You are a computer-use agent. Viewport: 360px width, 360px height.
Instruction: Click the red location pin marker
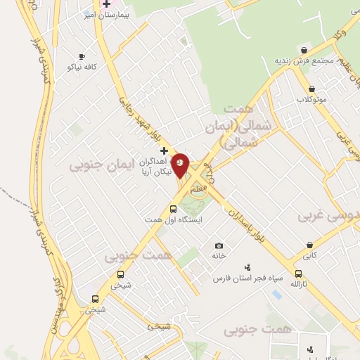click(x=181, y=164)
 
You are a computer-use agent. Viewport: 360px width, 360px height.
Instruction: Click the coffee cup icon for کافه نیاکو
click(x=82, y=56)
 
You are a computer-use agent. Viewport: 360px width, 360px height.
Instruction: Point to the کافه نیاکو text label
click(x=81, y=67)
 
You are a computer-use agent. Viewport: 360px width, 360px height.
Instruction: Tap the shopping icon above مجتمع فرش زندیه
click(x=304, y=50)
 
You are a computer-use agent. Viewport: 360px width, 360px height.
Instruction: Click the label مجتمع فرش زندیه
click(x=303, y=60)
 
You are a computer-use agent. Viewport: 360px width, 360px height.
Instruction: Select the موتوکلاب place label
click(x=312, y=99)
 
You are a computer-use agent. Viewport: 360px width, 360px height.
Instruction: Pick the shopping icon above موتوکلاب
click(x=312, y=89)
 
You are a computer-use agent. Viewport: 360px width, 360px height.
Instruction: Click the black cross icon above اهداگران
click(x=164, y=150)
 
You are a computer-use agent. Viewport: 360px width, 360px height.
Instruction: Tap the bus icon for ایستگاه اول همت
click(x=173, y=209)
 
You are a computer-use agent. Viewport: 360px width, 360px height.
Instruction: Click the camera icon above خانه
click(x=219, y=245)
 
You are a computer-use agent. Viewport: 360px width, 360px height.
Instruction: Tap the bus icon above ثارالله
click(x=299, y=274)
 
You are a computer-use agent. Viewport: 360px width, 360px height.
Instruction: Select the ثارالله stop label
click(x=300, y=284)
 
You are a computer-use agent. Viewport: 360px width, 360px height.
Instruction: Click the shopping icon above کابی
click(x=310, y=245)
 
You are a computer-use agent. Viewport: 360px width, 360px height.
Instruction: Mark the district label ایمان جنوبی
click(x=96, y=164)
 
